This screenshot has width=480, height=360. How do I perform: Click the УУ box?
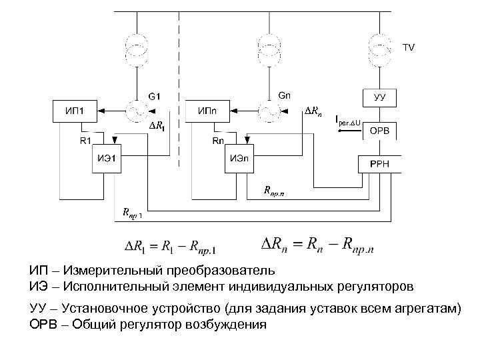(379, 97)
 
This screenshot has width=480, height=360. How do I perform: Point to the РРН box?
(379, 163)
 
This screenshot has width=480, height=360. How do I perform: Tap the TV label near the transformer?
(408, 47)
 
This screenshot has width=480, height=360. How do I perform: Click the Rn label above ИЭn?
(218, 141)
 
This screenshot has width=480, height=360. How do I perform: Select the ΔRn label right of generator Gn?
(315, 110)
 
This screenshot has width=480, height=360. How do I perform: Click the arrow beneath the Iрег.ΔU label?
(348, 131)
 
